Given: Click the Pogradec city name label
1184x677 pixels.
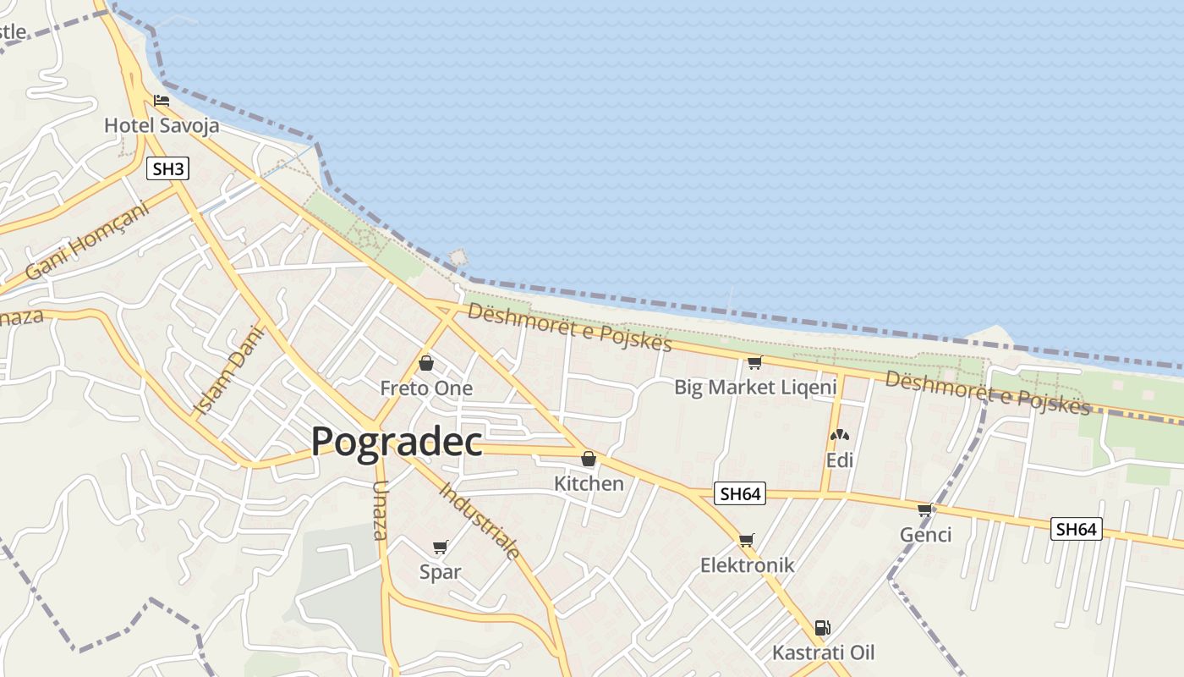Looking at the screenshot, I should pos(397,442).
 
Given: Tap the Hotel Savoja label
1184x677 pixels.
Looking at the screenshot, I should pos(162,126).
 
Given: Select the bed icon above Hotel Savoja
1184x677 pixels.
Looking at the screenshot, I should pos(162,101).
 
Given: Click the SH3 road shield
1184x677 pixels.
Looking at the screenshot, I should pos(167,169).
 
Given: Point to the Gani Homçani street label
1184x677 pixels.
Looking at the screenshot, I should pos(87,240).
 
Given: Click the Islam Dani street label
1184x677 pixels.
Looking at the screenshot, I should pos(229,371).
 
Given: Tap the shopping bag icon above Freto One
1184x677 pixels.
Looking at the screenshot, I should pos(426,363).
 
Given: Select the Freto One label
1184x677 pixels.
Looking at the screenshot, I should pos(426,388).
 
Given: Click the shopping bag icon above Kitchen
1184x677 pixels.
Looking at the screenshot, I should pos(589,459).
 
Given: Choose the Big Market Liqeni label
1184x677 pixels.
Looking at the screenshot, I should pos(755,388).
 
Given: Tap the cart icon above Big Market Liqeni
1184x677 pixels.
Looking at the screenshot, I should pos(754,362).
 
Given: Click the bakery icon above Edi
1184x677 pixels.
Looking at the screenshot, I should pos(839,436).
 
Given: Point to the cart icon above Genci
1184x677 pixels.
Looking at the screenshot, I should pos(925,509).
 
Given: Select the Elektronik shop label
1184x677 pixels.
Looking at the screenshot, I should pos(747,565).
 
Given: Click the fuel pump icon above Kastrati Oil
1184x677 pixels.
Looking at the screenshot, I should pos(822,628).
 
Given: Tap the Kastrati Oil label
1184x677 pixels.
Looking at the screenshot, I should pos(823,652).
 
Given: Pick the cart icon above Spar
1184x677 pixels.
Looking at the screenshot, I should pos(440,547).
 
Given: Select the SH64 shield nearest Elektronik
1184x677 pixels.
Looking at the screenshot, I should pos(740,494).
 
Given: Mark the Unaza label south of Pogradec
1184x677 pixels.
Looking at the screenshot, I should pos(380,510).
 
